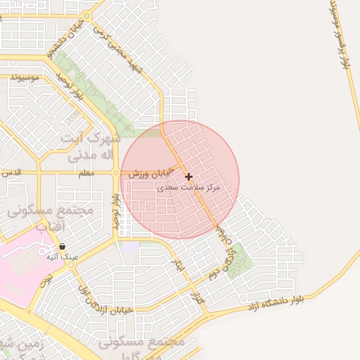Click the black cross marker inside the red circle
click(188, 176)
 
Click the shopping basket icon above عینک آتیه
click(63, 247)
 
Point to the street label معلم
click(86, 172)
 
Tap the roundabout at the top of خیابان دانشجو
click(86, 15)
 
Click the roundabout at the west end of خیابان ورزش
click(116, 172)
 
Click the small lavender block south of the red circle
click(130, 247)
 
